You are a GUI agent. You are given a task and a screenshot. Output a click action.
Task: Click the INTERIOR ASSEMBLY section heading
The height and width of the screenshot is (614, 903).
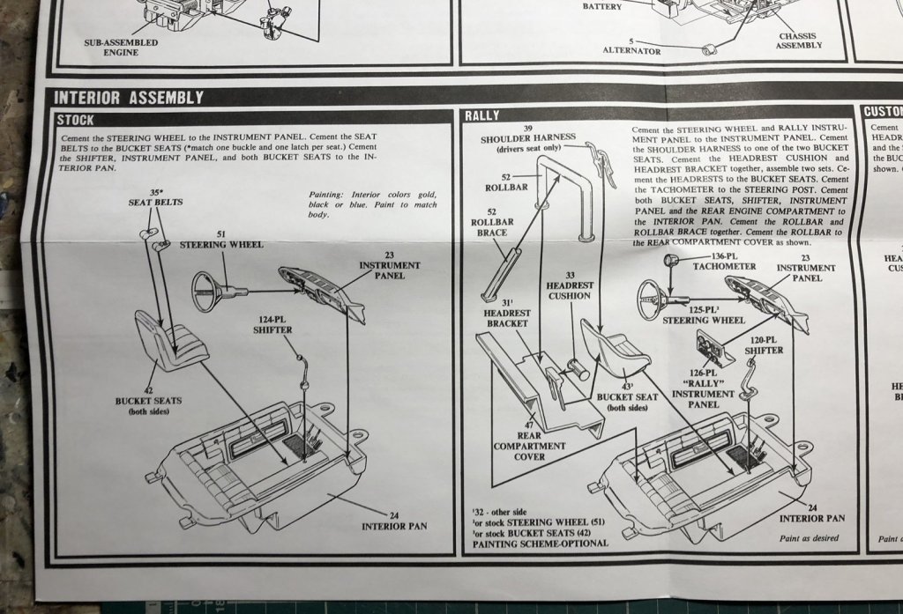point(130,97)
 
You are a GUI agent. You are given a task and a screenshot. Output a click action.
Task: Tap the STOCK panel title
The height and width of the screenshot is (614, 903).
point(75,120)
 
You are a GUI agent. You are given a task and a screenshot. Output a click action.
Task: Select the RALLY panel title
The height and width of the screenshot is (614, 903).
point(482,115)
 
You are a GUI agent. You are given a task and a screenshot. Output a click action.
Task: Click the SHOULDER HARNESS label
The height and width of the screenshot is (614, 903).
point(528,138)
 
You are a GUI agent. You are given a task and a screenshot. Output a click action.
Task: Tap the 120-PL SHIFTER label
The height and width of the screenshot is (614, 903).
point(763,344)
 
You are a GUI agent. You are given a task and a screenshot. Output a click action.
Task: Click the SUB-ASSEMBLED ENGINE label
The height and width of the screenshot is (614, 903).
point(122,48)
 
